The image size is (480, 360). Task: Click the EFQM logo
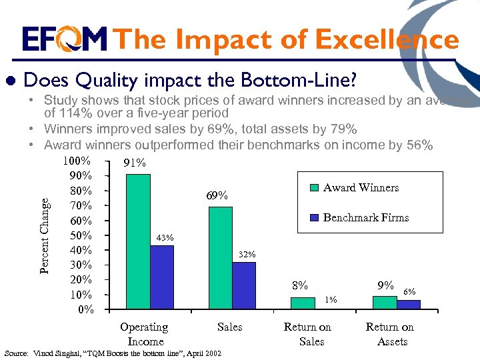pos(64,39)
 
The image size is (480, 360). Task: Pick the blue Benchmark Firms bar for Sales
pos(244,285)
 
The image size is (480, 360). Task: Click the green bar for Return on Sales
pos(303,303)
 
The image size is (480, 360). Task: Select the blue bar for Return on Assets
pos(409,305)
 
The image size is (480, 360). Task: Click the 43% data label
pos(165,237)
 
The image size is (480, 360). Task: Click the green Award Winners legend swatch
pos(314,188)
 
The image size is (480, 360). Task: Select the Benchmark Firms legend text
pos(365,217)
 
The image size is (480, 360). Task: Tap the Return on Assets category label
pos(390,334)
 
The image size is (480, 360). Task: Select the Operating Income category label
pos(144,334)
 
